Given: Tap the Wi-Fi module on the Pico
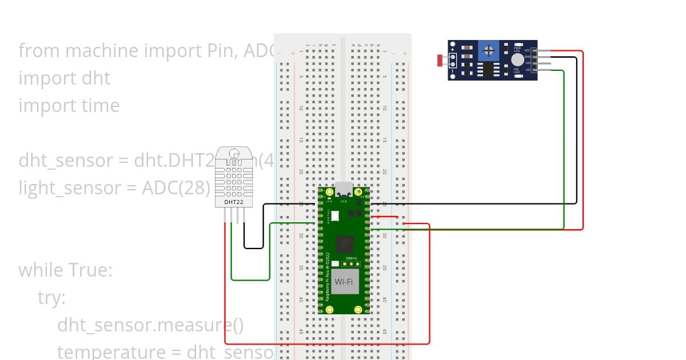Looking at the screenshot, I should click(344, 282).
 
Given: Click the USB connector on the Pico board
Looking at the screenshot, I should click(344, 189).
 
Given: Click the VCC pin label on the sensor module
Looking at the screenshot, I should click(527, 50).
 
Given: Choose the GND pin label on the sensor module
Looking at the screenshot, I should click(527, 57).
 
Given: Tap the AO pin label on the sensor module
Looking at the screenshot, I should click(527, 70).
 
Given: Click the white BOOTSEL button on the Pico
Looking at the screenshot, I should click(335, 216).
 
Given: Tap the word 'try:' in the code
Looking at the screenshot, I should click(52, 298).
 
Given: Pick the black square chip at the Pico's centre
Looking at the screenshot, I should click(344, 244).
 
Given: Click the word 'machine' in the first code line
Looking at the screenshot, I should click(102, 51).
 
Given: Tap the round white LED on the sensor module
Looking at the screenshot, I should click(517, 59).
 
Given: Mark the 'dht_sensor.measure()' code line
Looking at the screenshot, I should click(150, 325).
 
